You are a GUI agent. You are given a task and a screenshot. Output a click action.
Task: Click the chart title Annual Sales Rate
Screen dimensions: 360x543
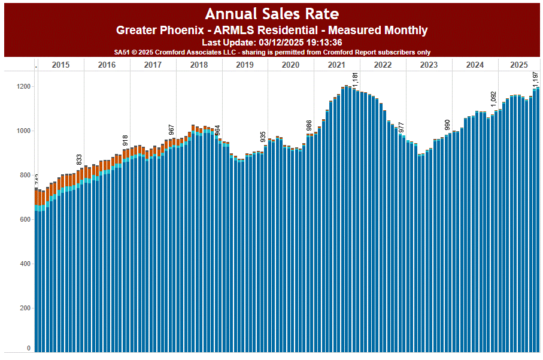tap(272, 14)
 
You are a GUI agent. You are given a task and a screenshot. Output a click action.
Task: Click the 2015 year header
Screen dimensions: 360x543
tap(60, 65)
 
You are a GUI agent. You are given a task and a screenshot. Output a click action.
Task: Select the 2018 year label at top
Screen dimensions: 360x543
tap(199, 65)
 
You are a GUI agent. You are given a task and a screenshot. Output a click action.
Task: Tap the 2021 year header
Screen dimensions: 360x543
tap(336, 65)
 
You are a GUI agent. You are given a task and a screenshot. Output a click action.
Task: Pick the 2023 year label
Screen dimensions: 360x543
tap(429, 65)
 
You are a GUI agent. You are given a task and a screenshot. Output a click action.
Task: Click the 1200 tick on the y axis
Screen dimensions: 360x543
tap(23, 87)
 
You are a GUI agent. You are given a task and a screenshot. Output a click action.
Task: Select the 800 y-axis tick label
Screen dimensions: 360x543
tap(23, 176)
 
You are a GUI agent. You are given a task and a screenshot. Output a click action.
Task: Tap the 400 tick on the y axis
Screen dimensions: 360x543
tap(23, 264)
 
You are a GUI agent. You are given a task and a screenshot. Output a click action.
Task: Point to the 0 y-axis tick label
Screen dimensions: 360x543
tap(28, 348)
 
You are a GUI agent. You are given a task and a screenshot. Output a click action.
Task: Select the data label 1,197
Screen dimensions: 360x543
tap(536, 79)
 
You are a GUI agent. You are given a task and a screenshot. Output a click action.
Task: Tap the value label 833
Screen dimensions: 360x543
tap(79, 159)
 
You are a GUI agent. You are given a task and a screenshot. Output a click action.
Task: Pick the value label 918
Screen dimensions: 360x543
tap(126, 140)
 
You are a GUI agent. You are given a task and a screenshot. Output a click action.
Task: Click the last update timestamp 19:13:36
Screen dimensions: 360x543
tap(323, 43)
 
